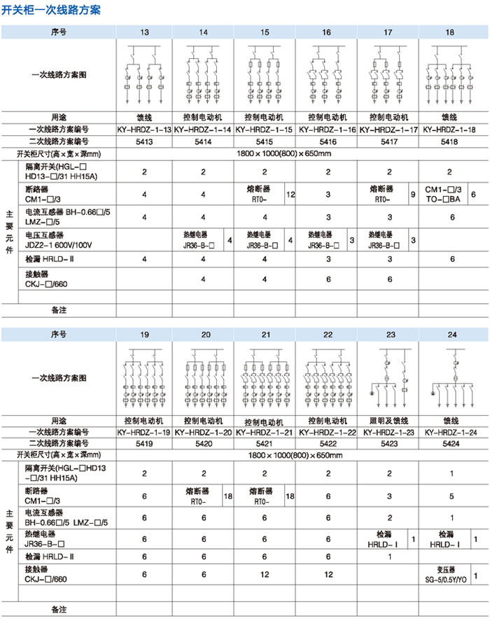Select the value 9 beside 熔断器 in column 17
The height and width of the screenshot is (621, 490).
[x=413, y=194]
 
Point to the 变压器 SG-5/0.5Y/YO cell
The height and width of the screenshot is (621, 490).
[x=445, y=576]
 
